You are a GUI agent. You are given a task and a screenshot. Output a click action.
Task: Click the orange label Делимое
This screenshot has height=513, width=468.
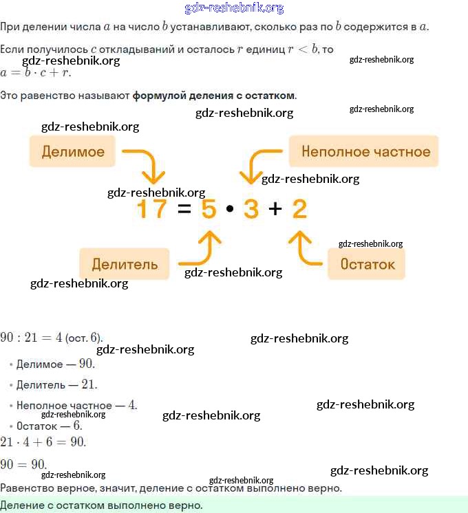(x=72, y=152)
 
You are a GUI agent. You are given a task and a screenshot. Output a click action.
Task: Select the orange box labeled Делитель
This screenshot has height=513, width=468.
(x=124, y=264)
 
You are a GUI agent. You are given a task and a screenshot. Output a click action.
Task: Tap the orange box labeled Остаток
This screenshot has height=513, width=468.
(x=367, y=264)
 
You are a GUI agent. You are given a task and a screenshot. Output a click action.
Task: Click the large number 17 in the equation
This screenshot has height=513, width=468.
(x=151, y=208)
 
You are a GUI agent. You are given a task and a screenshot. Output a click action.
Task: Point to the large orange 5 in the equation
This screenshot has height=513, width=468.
(x=209, y=208)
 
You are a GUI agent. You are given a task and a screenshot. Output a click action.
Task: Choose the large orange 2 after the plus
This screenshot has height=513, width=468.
(x=299, y=208)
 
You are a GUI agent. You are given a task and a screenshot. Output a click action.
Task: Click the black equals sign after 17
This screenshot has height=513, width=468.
(x=183, y=209)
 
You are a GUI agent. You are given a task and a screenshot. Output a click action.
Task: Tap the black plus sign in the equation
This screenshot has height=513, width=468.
(x=275, y=209)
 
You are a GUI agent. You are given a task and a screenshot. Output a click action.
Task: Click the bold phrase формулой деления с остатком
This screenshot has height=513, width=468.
(x=214, y=95)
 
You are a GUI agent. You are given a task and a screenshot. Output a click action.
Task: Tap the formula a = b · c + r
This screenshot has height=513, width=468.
(x=36, y=72)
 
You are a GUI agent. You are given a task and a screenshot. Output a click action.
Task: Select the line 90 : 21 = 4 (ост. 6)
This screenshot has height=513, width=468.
(x=52, y=338)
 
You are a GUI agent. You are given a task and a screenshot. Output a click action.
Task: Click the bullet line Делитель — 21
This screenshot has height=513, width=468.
(x=56, y=384)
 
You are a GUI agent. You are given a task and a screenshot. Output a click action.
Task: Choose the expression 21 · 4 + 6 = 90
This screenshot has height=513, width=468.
(x=43, y=441)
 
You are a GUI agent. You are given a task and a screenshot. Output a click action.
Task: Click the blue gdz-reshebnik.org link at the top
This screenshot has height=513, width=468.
(x=234, y=8)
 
